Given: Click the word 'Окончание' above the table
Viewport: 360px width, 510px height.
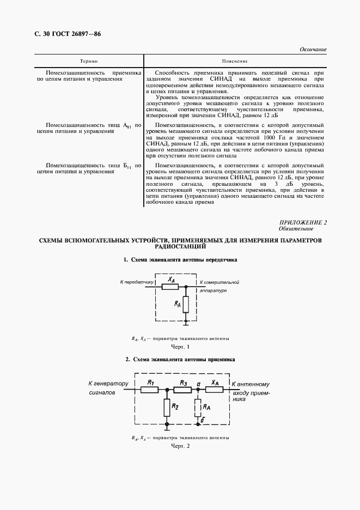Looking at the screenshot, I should [x=313, y=50].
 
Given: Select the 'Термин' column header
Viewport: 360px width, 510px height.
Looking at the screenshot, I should [x=89, y=62].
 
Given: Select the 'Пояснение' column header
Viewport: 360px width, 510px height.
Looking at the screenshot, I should [x=235, y=62].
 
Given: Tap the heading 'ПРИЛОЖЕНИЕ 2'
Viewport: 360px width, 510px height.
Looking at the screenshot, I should [x=303, y=222].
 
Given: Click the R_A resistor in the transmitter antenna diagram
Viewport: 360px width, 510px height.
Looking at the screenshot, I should [x=186, y=304].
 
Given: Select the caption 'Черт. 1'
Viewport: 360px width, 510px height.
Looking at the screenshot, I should [x=180, y=347].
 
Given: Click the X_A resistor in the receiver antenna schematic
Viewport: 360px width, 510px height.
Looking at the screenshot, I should [x=215, y=389].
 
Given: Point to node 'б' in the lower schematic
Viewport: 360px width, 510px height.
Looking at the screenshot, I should [x=203, y=421].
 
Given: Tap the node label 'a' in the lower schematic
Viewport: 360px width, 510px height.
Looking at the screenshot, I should [x=199, y=384].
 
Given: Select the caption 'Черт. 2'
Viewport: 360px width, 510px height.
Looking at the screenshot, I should [x=180, y=447].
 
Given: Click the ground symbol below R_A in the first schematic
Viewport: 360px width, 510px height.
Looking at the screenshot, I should [x=186, y=323].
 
